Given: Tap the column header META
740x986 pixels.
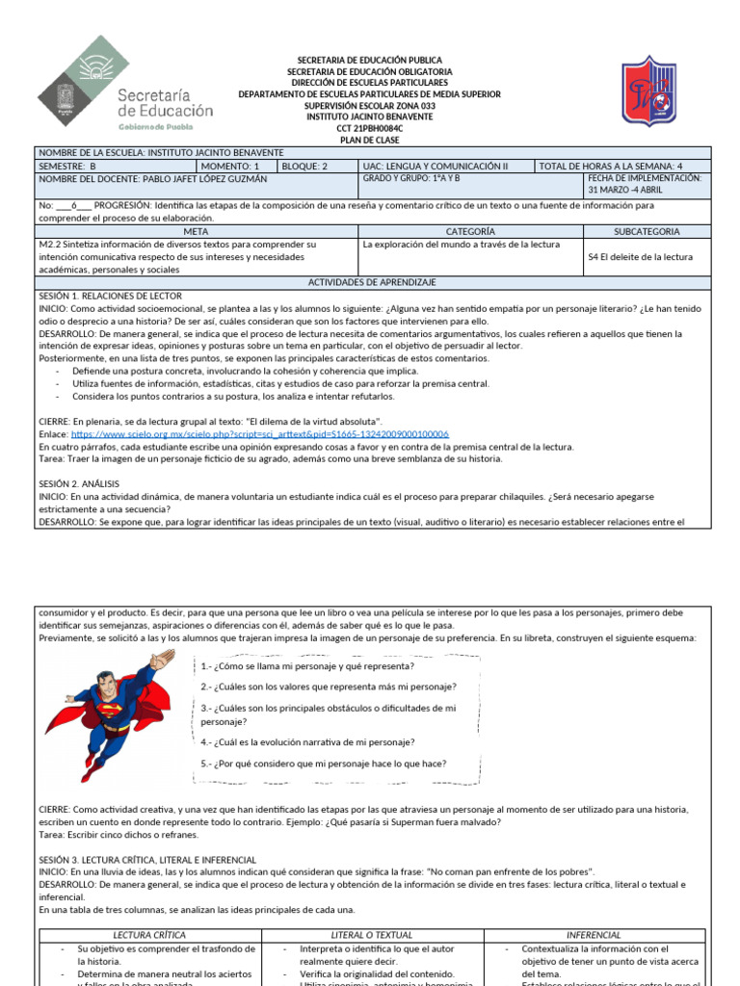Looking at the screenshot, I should coord(196,231).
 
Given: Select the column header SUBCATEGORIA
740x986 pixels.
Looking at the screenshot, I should coord(647,231).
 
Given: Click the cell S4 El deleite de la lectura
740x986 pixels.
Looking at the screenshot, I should coord(647,256).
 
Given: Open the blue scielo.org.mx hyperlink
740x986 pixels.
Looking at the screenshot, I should coord(260,434).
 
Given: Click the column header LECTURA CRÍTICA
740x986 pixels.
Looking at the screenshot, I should coord(149,935).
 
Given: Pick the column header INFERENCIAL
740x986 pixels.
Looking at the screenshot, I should coord(594,935).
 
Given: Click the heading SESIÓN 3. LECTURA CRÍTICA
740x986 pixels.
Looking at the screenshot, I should coord(147,859).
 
